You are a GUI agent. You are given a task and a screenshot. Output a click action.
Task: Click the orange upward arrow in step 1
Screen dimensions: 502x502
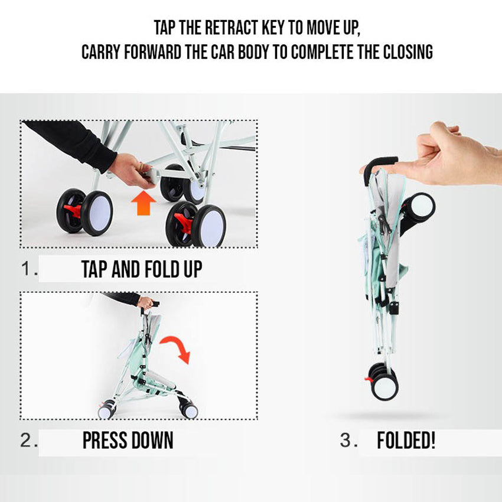coord(143,203)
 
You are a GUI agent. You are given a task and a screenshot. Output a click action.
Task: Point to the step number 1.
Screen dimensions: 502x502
coord(29,269)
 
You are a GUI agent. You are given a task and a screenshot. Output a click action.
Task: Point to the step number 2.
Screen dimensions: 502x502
coord(29,441)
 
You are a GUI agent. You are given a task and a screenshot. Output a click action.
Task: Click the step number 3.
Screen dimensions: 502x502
coord(348,441)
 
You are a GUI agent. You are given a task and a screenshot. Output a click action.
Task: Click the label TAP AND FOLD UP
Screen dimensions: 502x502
coord(142,270)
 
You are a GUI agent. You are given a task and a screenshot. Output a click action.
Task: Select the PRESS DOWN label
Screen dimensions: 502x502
coord(128,441)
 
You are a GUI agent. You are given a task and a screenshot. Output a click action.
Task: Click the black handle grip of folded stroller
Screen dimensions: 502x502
coord(378,164)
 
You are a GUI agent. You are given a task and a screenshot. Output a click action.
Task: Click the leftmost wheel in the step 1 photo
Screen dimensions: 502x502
coord(94,213)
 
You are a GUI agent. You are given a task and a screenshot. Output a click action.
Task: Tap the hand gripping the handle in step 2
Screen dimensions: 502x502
coord(145,302)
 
